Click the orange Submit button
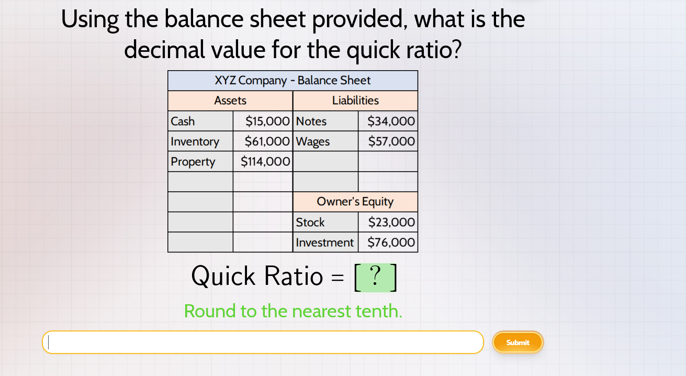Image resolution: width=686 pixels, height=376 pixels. (518, 342)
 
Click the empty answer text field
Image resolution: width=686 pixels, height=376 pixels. (263, 342)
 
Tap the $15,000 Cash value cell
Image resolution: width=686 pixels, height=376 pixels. (267, 121)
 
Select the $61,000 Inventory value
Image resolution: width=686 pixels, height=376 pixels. (267, 141)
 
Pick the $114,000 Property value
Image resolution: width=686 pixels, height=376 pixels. (265, 162)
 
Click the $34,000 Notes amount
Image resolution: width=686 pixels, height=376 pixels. (391, 121)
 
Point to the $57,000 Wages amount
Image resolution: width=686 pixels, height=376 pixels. (391, 141)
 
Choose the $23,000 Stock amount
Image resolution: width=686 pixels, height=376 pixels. (391, 222)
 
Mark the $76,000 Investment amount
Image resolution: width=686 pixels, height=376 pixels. (391, 242)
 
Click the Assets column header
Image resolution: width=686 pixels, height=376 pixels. (230, 101)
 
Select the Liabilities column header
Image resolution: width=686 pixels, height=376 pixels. (355, 101)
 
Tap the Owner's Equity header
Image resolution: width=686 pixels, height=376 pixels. (355, 202)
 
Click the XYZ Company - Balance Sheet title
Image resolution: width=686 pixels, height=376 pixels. (293, 81)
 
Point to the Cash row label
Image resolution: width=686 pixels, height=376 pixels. (183, 121)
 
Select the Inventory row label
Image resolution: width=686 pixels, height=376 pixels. (195, 141)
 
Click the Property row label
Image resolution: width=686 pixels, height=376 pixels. (193, 162)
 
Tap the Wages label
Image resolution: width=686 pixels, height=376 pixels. (313, 141)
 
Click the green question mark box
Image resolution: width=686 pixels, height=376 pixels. (375, 277)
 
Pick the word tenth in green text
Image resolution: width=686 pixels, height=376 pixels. (379, 311)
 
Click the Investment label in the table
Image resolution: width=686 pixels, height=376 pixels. (324, 242)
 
